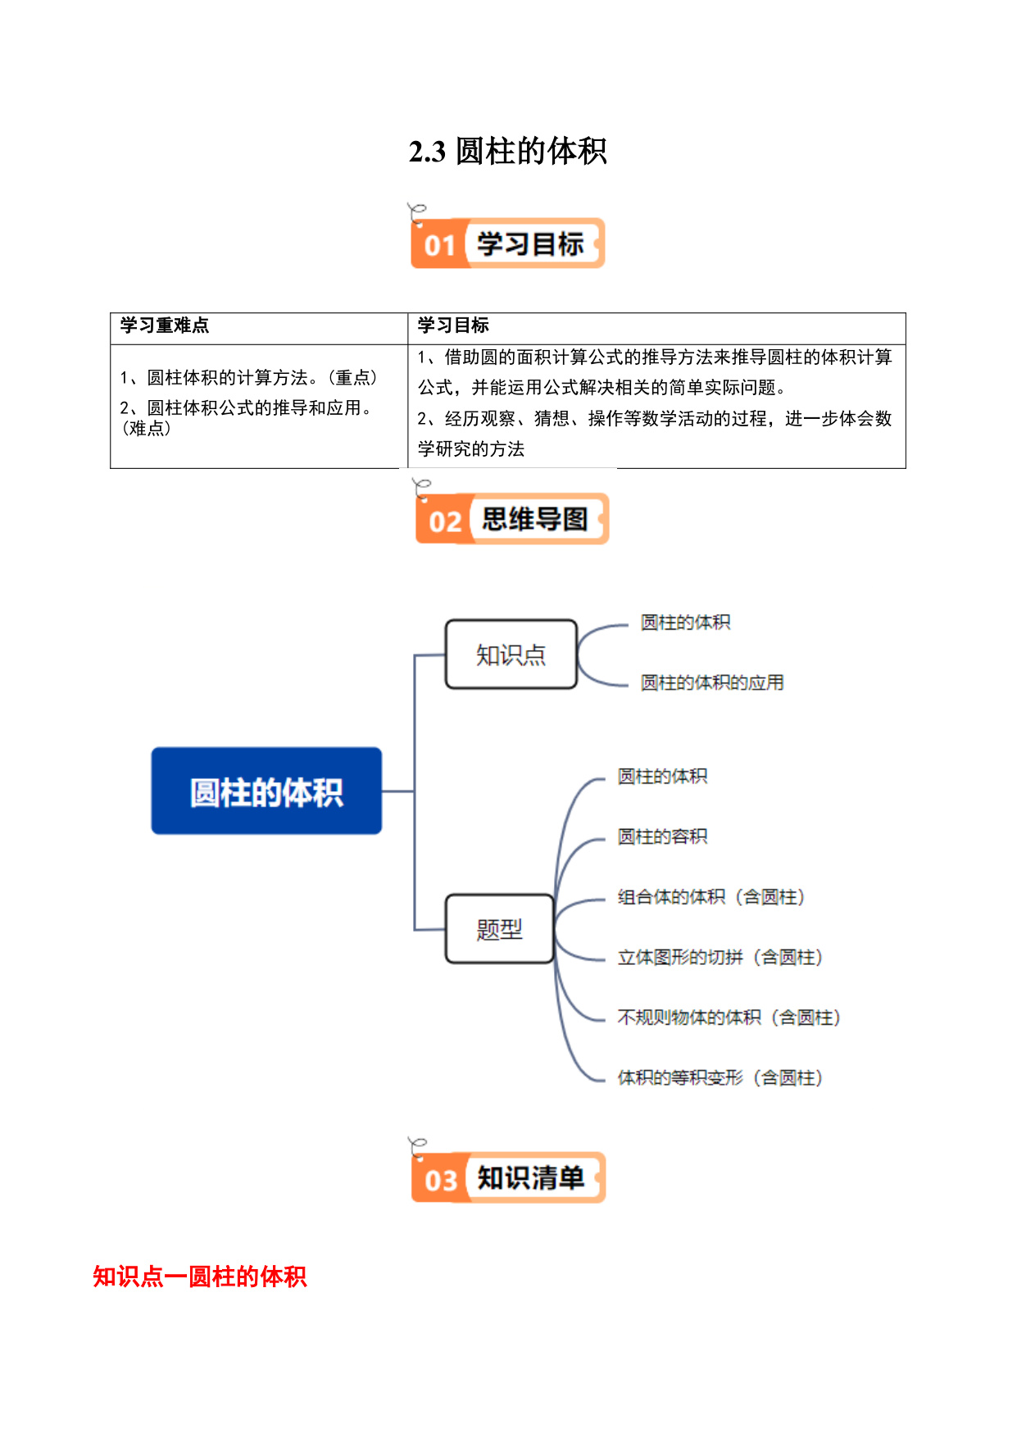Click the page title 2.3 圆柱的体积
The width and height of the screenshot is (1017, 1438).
click(x=507, y=152)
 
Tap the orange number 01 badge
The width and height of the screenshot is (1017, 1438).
click(x=440, y=244)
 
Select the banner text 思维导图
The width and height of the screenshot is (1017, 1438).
click(x=534, y=519)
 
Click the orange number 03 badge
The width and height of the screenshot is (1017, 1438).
click(x=441, y=1180)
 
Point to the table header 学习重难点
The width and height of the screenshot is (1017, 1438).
click(x=165, y=325)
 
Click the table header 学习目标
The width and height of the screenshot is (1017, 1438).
click(x=453, y=325)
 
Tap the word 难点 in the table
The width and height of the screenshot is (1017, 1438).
click(x=148, y=428)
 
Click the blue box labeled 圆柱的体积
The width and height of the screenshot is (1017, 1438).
click(x=266, y=791)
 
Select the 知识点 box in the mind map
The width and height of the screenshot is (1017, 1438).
click(x=511, y=654)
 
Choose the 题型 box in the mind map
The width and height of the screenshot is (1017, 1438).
click(x=500, y=929)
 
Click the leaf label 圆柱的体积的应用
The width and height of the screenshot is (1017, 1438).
click(x=712, y=683)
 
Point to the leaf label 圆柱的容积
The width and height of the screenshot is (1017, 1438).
click(x=662, y=836)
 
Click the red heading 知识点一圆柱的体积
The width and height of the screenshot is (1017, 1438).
click(x=200, y=1276)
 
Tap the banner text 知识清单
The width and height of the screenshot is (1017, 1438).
click(x=530, y=1178)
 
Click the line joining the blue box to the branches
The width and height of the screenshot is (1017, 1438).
click(x=398, y=791)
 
